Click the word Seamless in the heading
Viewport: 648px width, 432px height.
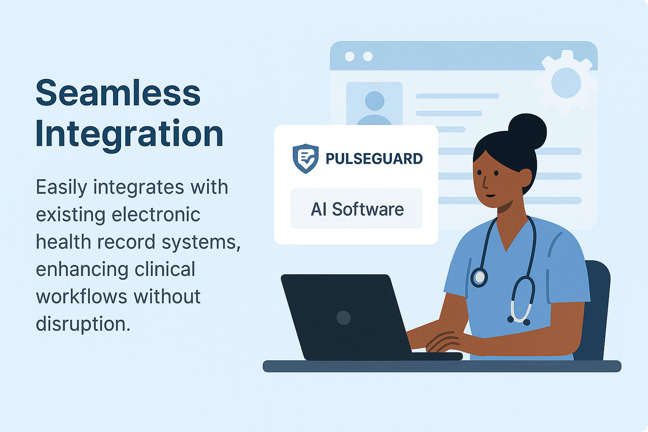click(x=118, y=92)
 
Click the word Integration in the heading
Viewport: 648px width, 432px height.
click(x=130, y=135)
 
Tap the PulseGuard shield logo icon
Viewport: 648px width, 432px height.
click(x=305, y=159)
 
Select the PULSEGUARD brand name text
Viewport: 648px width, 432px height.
click(x=374, y=159)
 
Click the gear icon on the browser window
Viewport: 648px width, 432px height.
click(x=566, y=83)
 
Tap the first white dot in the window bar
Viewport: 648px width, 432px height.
click(x=350, y=56)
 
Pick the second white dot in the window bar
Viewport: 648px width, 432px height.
click(x=368, y=56)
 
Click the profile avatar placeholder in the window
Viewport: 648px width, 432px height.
click(x=374, y=104)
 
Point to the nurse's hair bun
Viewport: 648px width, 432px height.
click(x=527, y=132)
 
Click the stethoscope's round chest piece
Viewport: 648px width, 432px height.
click(x=479, y=277)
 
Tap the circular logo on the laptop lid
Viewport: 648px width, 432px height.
click(x=344, y=317)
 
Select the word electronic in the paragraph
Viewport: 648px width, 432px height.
click(x=156, y=215)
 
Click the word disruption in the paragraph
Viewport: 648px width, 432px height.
click(x=83, y=323)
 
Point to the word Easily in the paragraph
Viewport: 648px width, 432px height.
click(x=61, y=187)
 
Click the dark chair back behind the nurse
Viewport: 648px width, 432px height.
click(x=593, y=310)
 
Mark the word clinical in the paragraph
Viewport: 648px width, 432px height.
click(x=165, y=269)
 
